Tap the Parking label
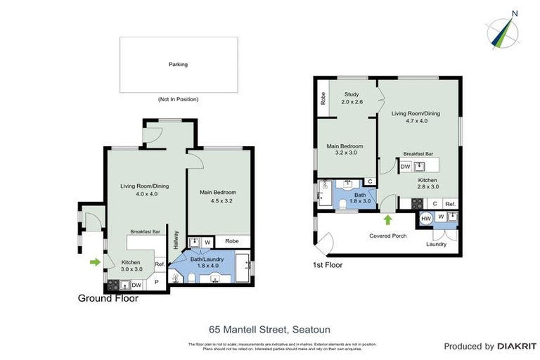(178, 64)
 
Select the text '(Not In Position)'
(178, 99)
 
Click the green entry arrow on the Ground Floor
(95, 263)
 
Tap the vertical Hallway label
(176, 241)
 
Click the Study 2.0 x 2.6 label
(351, 98)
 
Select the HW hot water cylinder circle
(425, 219)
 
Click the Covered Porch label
(389, 236)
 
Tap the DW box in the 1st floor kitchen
(406, 167)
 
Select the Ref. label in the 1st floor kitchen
(450, 204)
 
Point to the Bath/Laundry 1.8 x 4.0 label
(206, 262)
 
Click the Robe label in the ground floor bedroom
(233, 240)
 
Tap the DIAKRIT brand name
(517, 346)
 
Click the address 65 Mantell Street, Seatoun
(269, 328)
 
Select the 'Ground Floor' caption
(108, 298)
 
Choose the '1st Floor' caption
(328, 265)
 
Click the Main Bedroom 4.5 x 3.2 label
(218, 196)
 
